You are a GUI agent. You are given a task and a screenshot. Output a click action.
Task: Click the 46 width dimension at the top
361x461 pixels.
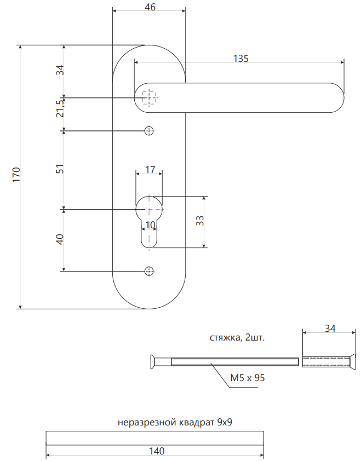pyautogui.click(x=149, y=7)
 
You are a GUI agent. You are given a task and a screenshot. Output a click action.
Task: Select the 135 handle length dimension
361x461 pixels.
pyautogui.click(x=241, y=59)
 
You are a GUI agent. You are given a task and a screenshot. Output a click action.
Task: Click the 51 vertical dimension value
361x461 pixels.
pyautogui.click(x=60, y=169)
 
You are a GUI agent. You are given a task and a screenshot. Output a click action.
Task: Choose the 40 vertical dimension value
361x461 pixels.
pyautogui.click(x=60, y=239)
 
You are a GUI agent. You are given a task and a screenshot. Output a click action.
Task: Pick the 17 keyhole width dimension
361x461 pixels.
pyautogui.click(x=149, y=170)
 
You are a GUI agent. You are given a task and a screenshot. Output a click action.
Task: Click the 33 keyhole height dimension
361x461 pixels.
pyautogui.click(x=200, y=221)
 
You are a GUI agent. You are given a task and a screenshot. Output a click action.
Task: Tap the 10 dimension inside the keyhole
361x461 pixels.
pyautogui.click(x=150, y=224)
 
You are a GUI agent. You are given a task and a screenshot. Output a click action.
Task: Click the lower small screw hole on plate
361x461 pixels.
pyautogui.click(x=149, y=270)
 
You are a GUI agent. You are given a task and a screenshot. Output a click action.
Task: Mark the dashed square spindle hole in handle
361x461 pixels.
pyautogui.click(x=149, y=98)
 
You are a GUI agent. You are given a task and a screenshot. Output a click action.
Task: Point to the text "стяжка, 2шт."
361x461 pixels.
pyautogui.click(x=237, y=337)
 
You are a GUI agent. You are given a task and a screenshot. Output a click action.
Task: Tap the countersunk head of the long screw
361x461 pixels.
pyautogui.click(x=152, y=361)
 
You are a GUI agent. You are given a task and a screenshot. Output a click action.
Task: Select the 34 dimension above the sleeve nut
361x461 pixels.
pyautogui.click(x=330, y=329)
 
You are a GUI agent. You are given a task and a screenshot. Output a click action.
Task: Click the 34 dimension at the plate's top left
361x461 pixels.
pyautogui.click(x=60, y=70)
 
